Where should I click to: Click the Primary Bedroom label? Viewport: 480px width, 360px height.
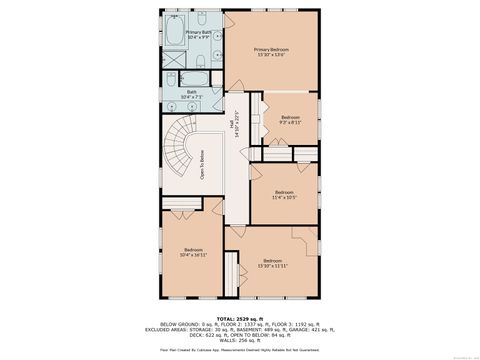point(271,51)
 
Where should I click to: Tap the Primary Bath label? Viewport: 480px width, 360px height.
point(198,35)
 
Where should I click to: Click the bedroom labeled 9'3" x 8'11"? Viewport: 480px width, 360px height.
point(290,120)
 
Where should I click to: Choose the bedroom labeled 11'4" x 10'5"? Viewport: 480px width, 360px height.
point(284,194)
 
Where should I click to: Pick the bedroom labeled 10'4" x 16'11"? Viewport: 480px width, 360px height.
point(193,252)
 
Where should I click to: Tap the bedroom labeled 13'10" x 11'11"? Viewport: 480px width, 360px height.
point(272,263)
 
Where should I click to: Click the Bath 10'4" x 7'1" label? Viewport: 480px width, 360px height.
point(192,94)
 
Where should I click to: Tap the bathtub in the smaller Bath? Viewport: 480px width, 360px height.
point(193,76)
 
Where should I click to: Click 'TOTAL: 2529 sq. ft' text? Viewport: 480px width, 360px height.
point(240,318)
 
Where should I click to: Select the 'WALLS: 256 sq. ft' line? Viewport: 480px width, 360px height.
point(240,340)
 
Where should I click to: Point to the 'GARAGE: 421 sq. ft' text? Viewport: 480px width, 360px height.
point(306,329)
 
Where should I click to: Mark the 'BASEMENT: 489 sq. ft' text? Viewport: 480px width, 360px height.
point(255,329)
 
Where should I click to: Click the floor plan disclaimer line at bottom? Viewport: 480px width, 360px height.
point(240,351)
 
